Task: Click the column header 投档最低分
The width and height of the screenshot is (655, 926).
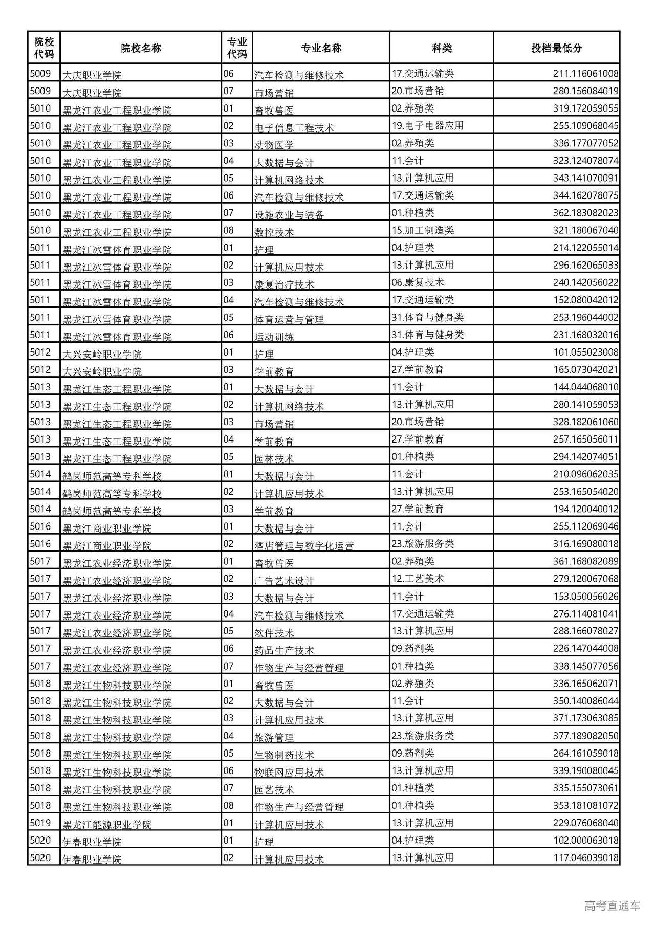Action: click(x=556, y=48)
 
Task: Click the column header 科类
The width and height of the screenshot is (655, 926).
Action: click(x=442, y=48)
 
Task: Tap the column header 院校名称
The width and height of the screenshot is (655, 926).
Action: click(x=141, y=48)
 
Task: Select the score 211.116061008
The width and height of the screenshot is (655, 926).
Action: click(x=585, y=74)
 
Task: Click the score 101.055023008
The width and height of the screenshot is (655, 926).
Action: click(x=585, y=352)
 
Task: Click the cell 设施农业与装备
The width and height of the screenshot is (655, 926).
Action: click(x=289, y=215)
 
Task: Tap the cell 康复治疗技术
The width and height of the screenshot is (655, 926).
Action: click(x=284, y=284)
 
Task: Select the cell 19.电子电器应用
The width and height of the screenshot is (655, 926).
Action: click(x=427, y=126)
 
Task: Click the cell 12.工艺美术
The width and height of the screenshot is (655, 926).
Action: click(x=418, y=579)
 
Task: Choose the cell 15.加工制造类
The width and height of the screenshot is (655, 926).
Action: click(x=423, y=231)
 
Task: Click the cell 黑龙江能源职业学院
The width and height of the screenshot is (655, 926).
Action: click(x=107, y=824)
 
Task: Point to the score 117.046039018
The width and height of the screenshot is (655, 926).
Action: click(x=585, y=858)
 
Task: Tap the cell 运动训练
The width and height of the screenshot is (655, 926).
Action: click(x=274, y=337)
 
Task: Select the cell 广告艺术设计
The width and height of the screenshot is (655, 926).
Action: click(x=284, y=581)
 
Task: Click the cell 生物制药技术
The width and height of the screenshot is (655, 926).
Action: click(x=284, y=755)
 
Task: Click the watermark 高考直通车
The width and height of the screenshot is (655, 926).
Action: click(x=612, y=906)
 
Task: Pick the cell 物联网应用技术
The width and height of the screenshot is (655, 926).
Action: click(x=289, y=772)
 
